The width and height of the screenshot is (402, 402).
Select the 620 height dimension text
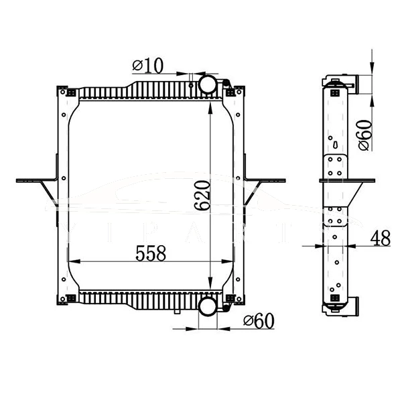click(204, 196)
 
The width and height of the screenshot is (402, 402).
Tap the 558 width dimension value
click(151, 253)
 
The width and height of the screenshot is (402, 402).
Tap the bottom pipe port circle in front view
click(208, 307)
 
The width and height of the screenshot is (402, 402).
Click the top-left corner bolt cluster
click(61, 90)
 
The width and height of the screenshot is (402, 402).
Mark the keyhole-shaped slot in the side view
click(334, 143)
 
